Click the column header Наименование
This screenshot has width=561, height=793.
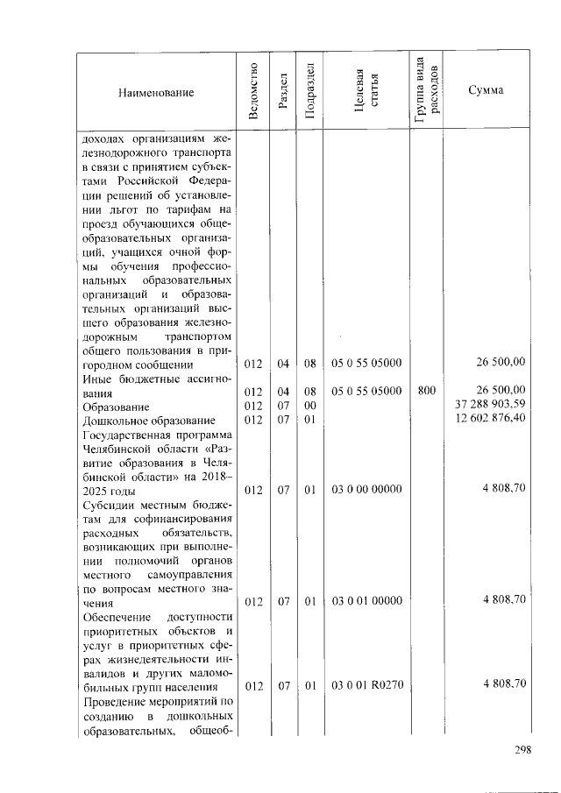click(x=155, y=91)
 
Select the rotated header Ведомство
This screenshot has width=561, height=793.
click(x=252, y=90)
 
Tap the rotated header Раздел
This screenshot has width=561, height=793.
click(x=282, y=91)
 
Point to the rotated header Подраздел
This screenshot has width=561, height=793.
click(x=309, y=90)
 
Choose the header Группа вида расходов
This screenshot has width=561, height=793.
click(x=426, y=90)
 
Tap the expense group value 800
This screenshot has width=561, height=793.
click(x=426, y=390)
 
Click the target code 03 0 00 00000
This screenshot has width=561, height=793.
click(x=366, y=490)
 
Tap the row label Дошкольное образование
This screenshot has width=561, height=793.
click(x=148, y=421)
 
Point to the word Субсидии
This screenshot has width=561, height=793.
click(x=105, y=506)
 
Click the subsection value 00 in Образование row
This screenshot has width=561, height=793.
click(x=309, y=406)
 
